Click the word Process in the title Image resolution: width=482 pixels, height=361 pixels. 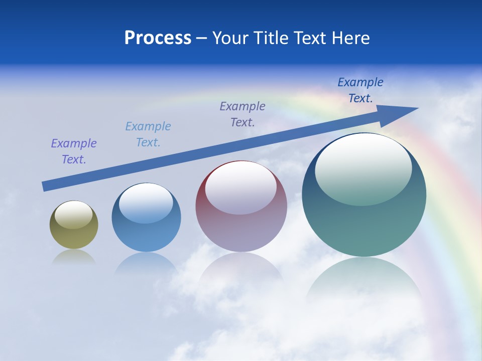158,38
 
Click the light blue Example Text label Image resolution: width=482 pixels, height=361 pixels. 148,134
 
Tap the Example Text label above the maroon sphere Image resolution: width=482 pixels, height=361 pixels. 243,114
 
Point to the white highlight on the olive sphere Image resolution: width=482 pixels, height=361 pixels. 73,215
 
